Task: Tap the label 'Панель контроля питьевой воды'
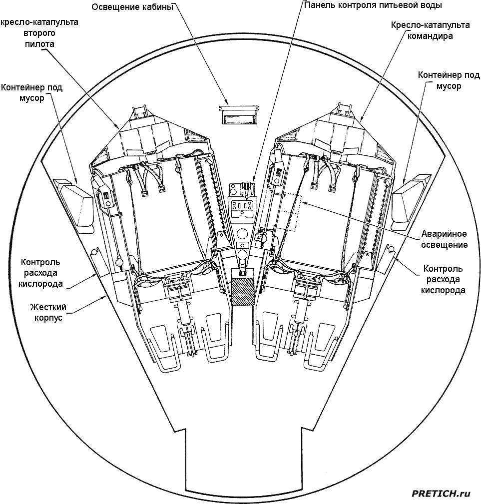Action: tap(373, 5)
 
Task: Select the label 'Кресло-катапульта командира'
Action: tap(430, 30)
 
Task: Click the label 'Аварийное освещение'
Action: tap(444, 239)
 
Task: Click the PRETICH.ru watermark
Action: tap(441, 494)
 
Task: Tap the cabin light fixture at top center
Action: tap(238, 115)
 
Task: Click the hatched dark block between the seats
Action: tap(243, 287)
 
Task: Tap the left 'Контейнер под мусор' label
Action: tap(31, 93)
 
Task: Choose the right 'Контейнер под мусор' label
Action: tap(449, 80)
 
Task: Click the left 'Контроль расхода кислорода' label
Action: tap(41, 273)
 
